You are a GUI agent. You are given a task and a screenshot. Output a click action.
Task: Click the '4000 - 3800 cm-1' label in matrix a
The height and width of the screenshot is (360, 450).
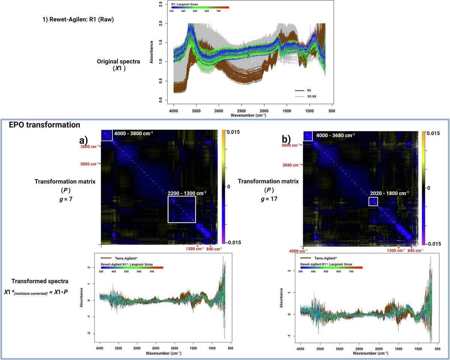(134, 133)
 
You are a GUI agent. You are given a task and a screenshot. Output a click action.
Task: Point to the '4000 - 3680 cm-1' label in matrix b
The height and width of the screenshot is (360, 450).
(336, 133)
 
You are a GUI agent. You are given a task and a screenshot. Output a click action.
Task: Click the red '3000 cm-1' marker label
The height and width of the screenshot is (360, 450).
(90, 163)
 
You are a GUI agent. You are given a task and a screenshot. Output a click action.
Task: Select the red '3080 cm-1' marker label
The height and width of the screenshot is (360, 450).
(291, 165)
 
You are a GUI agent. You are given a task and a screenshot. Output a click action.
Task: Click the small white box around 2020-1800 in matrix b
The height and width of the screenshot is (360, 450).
(373, 201)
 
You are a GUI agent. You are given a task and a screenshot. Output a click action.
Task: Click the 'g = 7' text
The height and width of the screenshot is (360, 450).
(65, 199)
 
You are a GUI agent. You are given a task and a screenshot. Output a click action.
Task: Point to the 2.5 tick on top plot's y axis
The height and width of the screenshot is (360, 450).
(161, 4)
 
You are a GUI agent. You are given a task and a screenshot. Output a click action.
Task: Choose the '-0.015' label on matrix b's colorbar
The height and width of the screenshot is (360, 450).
(439, 243)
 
